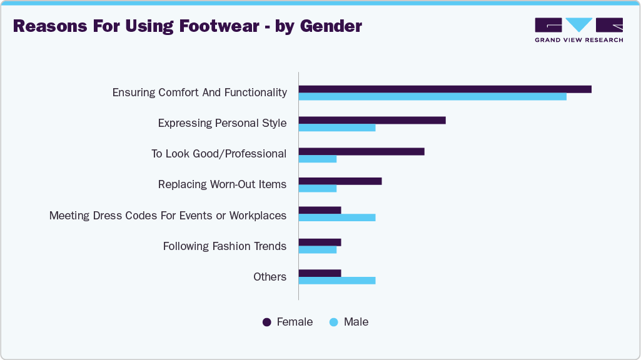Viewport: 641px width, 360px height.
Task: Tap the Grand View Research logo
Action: [x=578, y=30]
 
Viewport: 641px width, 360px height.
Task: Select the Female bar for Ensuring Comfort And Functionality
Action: [x=445, y=89]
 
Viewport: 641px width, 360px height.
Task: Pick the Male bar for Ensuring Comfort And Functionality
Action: [x=432, y=96]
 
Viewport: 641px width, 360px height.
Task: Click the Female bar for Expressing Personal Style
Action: [x=372, y=120]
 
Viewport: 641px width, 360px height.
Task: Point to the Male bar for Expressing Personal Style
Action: [x=337, y=127]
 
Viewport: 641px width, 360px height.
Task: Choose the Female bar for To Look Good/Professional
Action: [x=361, y=151]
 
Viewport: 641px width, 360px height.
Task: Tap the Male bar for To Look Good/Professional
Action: [x=318, y=159]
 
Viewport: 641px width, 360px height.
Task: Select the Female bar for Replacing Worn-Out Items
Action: [x=340, y=181]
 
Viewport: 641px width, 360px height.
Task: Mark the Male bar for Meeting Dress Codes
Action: [x=337, y=217]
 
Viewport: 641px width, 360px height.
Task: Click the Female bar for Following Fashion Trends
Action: [x=320, y=242]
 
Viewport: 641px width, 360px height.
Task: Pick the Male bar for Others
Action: [x=337, y=281]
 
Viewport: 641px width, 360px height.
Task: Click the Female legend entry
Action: [x=288, y=322]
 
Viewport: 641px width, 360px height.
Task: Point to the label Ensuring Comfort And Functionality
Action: [x=199, y=92]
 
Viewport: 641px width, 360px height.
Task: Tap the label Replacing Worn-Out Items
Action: [x=222, y=184]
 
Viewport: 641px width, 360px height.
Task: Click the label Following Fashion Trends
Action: [x=225, y=246]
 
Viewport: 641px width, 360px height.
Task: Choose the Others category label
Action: [x=270, y=277]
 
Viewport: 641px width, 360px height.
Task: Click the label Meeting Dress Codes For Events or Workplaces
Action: [x=168, y=216]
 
